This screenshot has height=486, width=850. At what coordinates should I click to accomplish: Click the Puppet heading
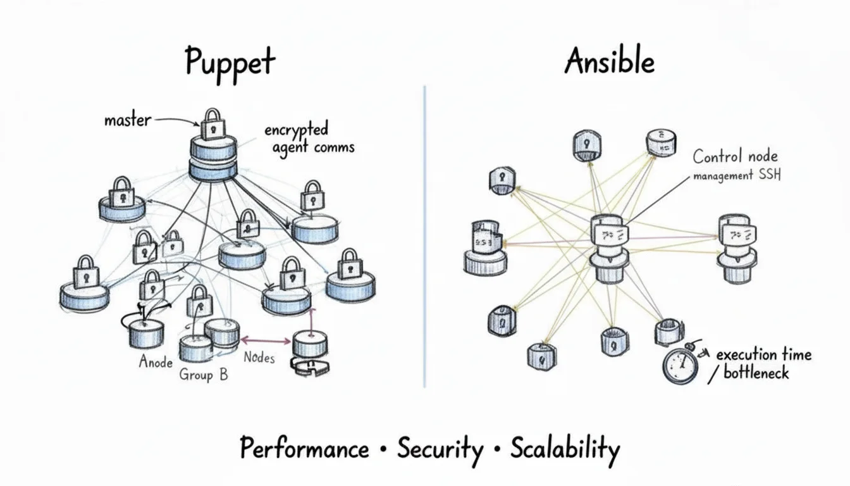pos(230,63)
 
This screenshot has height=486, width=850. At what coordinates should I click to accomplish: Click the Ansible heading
pos(609,62)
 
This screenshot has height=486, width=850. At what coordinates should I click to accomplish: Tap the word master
pos(127,119)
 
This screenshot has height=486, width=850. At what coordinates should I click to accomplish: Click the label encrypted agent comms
pos(309,139)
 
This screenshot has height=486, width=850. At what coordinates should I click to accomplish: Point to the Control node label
pos(735,156)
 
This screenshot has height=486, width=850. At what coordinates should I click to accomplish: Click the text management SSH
pos(737,176)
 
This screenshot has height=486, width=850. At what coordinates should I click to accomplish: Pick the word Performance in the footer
pos(304,449)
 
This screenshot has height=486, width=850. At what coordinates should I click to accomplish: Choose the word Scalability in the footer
pos(564,449)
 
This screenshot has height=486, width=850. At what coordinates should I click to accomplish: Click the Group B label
pos(204,374)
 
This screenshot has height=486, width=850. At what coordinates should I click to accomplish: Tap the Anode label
pos(156,363)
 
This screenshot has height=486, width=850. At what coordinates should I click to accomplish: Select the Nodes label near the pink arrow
pos(259,358)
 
